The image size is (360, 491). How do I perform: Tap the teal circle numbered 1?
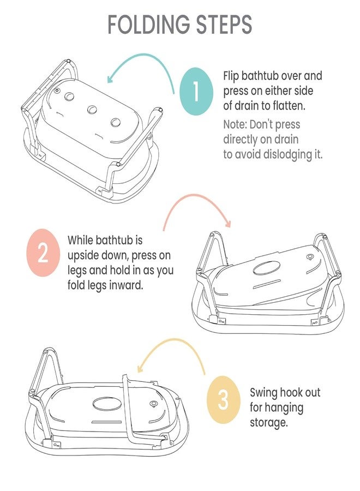[196, 91]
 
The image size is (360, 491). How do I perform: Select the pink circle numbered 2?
[43, 253]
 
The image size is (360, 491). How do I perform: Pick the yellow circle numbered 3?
[224, 399]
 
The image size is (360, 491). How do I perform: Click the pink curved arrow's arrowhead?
[228, 223]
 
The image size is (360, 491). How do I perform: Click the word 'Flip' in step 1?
[231, 76]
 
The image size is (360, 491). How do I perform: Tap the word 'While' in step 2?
[80, 240]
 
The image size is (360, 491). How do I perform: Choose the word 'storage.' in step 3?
[268, 422]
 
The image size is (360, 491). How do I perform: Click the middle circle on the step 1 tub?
[92, 110]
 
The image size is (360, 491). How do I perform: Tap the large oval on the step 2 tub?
[266, 269]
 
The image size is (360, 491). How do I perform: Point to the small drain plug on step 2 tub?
[310, 258]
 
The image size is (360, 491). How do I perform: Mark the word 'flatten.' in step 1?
[289, 106]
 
